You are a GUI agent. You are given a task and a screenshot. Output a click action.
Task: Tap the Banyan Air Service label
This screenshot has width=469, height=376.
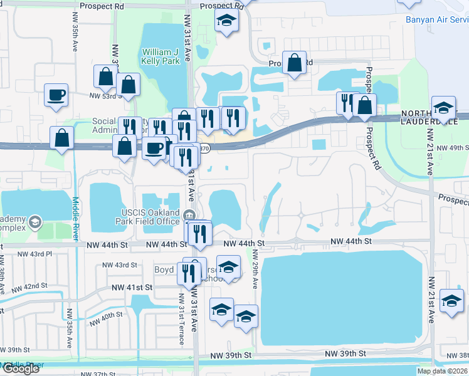(436, 19)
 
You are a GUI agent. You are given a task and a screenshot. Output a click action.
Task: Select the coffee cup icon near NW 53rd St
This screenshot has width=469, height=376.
(56, 96)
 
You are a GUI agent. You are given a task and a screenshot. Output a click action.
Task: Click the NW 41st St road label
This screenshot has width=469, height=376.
(132, 287)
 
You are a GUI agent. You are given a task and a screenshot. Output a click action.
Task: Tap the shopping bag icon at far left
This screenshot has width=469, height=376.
(63, 138)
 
